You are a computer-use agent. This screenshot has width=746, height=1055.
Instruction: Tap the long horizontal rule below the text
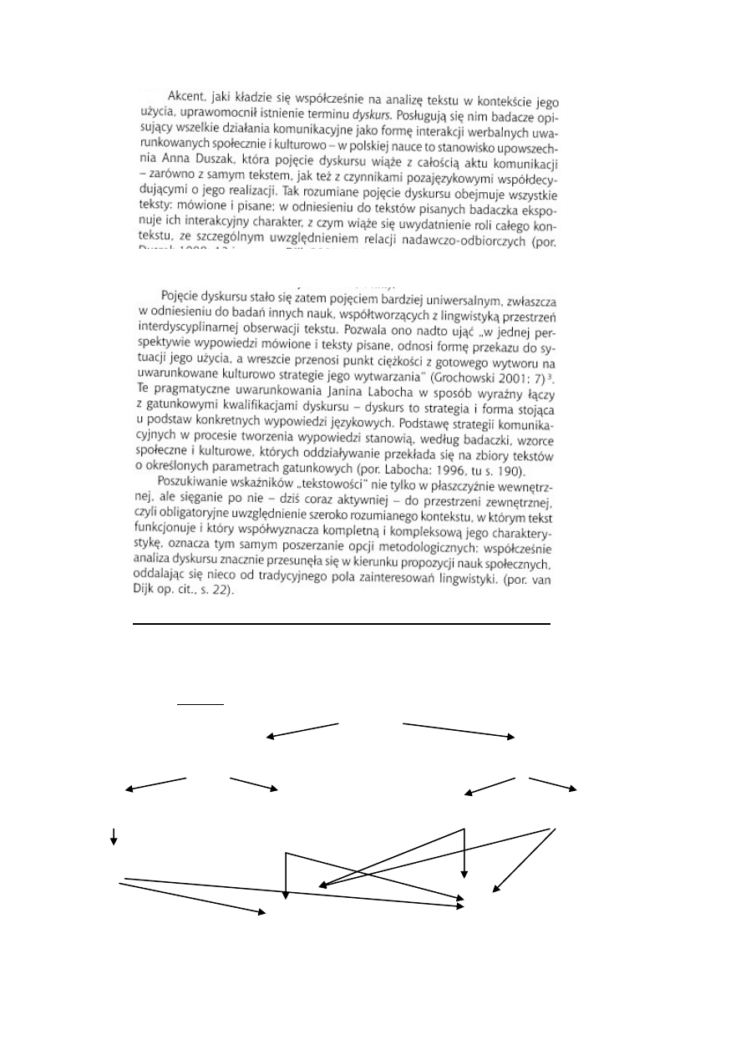pyautogui.click(x=343, y=623)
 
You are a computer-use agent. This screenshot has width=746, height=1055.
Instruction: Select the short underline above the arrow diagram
pyautogui.click(x=200, y=703)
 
